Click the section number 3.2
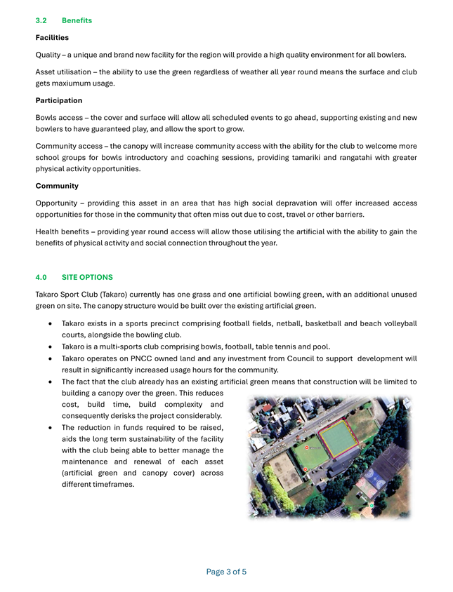tap(41, 20)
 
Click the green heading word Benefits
tap(77, 20)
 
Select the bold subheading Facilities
tap(52, 37)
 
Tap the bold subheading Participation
tap(59, 100)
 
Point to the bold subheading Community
tap(57, 186)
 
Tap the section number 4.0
tap(41, 277)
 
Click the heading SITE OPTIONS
tap(87, 277)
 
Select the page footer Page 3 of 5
tap(226, 572)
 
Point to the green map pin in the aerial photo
tap(372, 505)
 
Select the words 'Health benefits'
tap(65, 231)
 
